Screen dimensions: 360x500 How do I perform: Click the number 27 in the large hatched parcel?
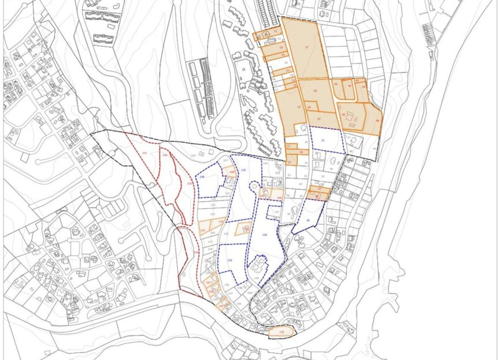coord(306,47)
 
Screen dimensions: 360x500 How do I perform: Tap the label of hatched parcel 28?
coord(316,91)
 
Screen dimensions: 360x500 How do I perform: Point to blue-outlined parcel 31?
coord(323,140)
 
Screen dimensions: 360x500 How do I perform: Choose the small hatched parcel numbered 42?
coord(350,86)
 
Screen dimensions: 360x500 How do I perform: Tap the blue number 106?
coord(202,176)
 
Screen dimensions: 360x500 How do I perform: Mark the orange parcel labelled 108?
coord(231,172)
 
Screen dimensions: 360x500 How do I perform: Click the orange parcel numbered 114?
coord(203,231)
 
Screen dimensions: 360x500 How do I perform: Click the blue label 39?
coord(308,221)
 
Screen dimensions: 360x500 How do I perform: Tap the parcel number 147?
coord(277,213)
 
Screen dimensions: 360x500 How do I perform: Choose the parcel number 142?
coord(265,165)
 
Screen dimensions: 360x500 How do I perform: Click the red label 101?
coord(145,153)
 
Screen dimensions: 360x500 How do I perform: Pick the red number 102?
coord(165,155)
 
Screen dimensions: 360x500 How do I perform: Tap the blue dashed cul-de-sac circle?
coord(253,186)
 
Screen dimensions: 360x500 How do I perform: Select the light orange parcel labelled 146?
coord(279,198)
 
